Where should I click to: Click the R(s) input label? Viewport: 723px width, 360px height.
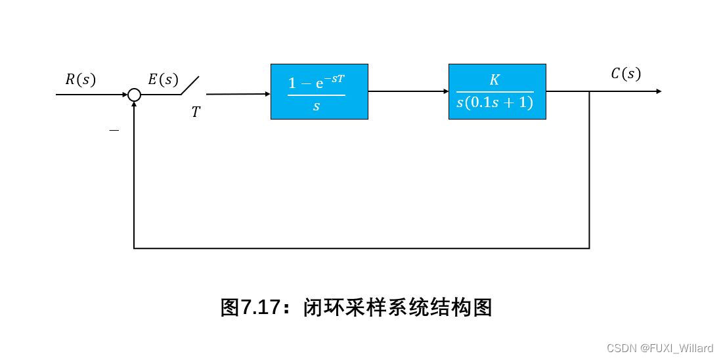(x=80, y=80)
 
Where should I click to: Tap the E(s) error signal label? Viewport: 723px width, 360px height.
(x=163, y=80)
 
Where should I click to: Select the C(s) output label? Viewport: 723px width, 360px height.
(x=625, y=74)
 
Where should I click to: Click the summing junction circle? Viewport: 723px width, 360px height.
(x=134, y=95)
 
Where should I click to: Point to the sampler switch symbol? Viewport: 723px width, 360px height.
(x=190, y=85)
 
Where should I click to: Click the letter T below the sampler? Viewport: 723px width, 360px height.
(x=196, y=113)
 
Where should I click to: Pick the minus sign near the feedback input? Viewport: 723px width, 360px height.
(x=114, y=130)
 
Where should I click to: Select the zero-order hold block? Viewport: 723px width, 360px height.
(x=319, y=91)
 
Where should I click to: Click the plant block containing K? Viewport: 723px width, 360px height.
(x=497, y=91)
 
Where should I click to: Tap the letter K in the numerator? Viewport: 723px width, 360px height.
(x=494, y=80)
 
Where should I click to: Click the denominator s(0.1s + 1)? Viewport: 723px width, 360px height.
(x=494, y=103)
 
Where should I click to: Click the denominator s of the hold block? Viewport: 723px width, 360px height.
(x=316, y=106)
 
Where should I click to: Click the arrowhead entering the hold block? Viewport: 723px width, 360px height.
(x=267, y=94)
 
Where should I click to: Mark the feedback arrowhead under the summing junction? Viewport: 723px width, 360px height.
(x=134, y=105)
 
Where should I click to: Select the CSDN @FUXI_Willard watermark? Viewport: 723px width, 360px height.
(x=659, y=348)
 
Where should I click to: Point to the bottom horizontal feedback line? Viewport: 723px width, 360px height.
(x=361, y=248)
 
